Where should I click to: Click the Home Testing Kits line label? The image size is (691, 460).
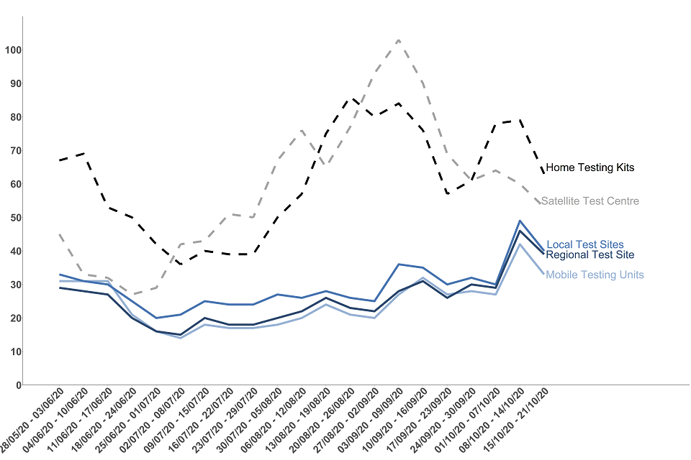click(590, 167)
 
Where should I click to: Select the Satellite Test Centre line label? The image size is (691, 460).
click(590, 201)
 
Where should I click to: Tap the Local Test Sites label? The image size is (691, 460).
click(584, 245)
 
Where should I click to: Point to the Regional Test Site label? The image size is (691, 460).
click(590, 254)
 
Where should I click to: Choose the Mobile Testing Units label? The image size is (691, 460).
click(595, 275)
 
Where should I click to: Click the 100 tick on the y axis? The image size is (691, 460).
click(12, 50)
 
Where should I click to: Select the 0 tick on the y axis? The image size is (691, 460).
click(17, 385)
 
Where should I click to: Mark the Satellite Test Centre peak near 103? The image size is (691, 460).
click(398, 40)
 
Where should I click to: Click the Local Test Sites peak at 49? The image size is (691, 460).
click(520, 221)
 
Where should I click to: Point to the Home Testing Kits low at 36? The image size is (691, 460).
click(181, 264)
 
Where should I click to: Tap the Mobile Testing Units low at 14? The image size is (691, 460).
click(181, 338)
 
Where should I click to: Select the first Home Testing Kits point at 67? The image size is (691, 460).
click(60, 160)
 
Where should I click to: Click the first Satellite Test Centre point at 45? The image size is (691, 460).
click(60, 234)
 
